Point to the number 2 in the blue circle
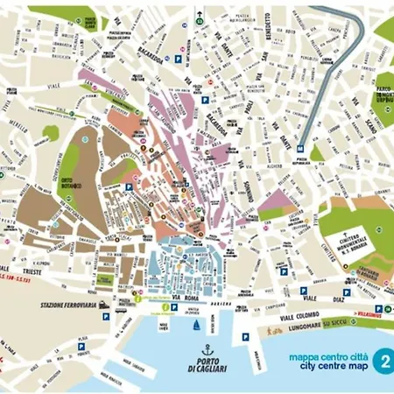tap(382, 360)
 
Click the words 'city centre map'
tap(325, 366)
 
